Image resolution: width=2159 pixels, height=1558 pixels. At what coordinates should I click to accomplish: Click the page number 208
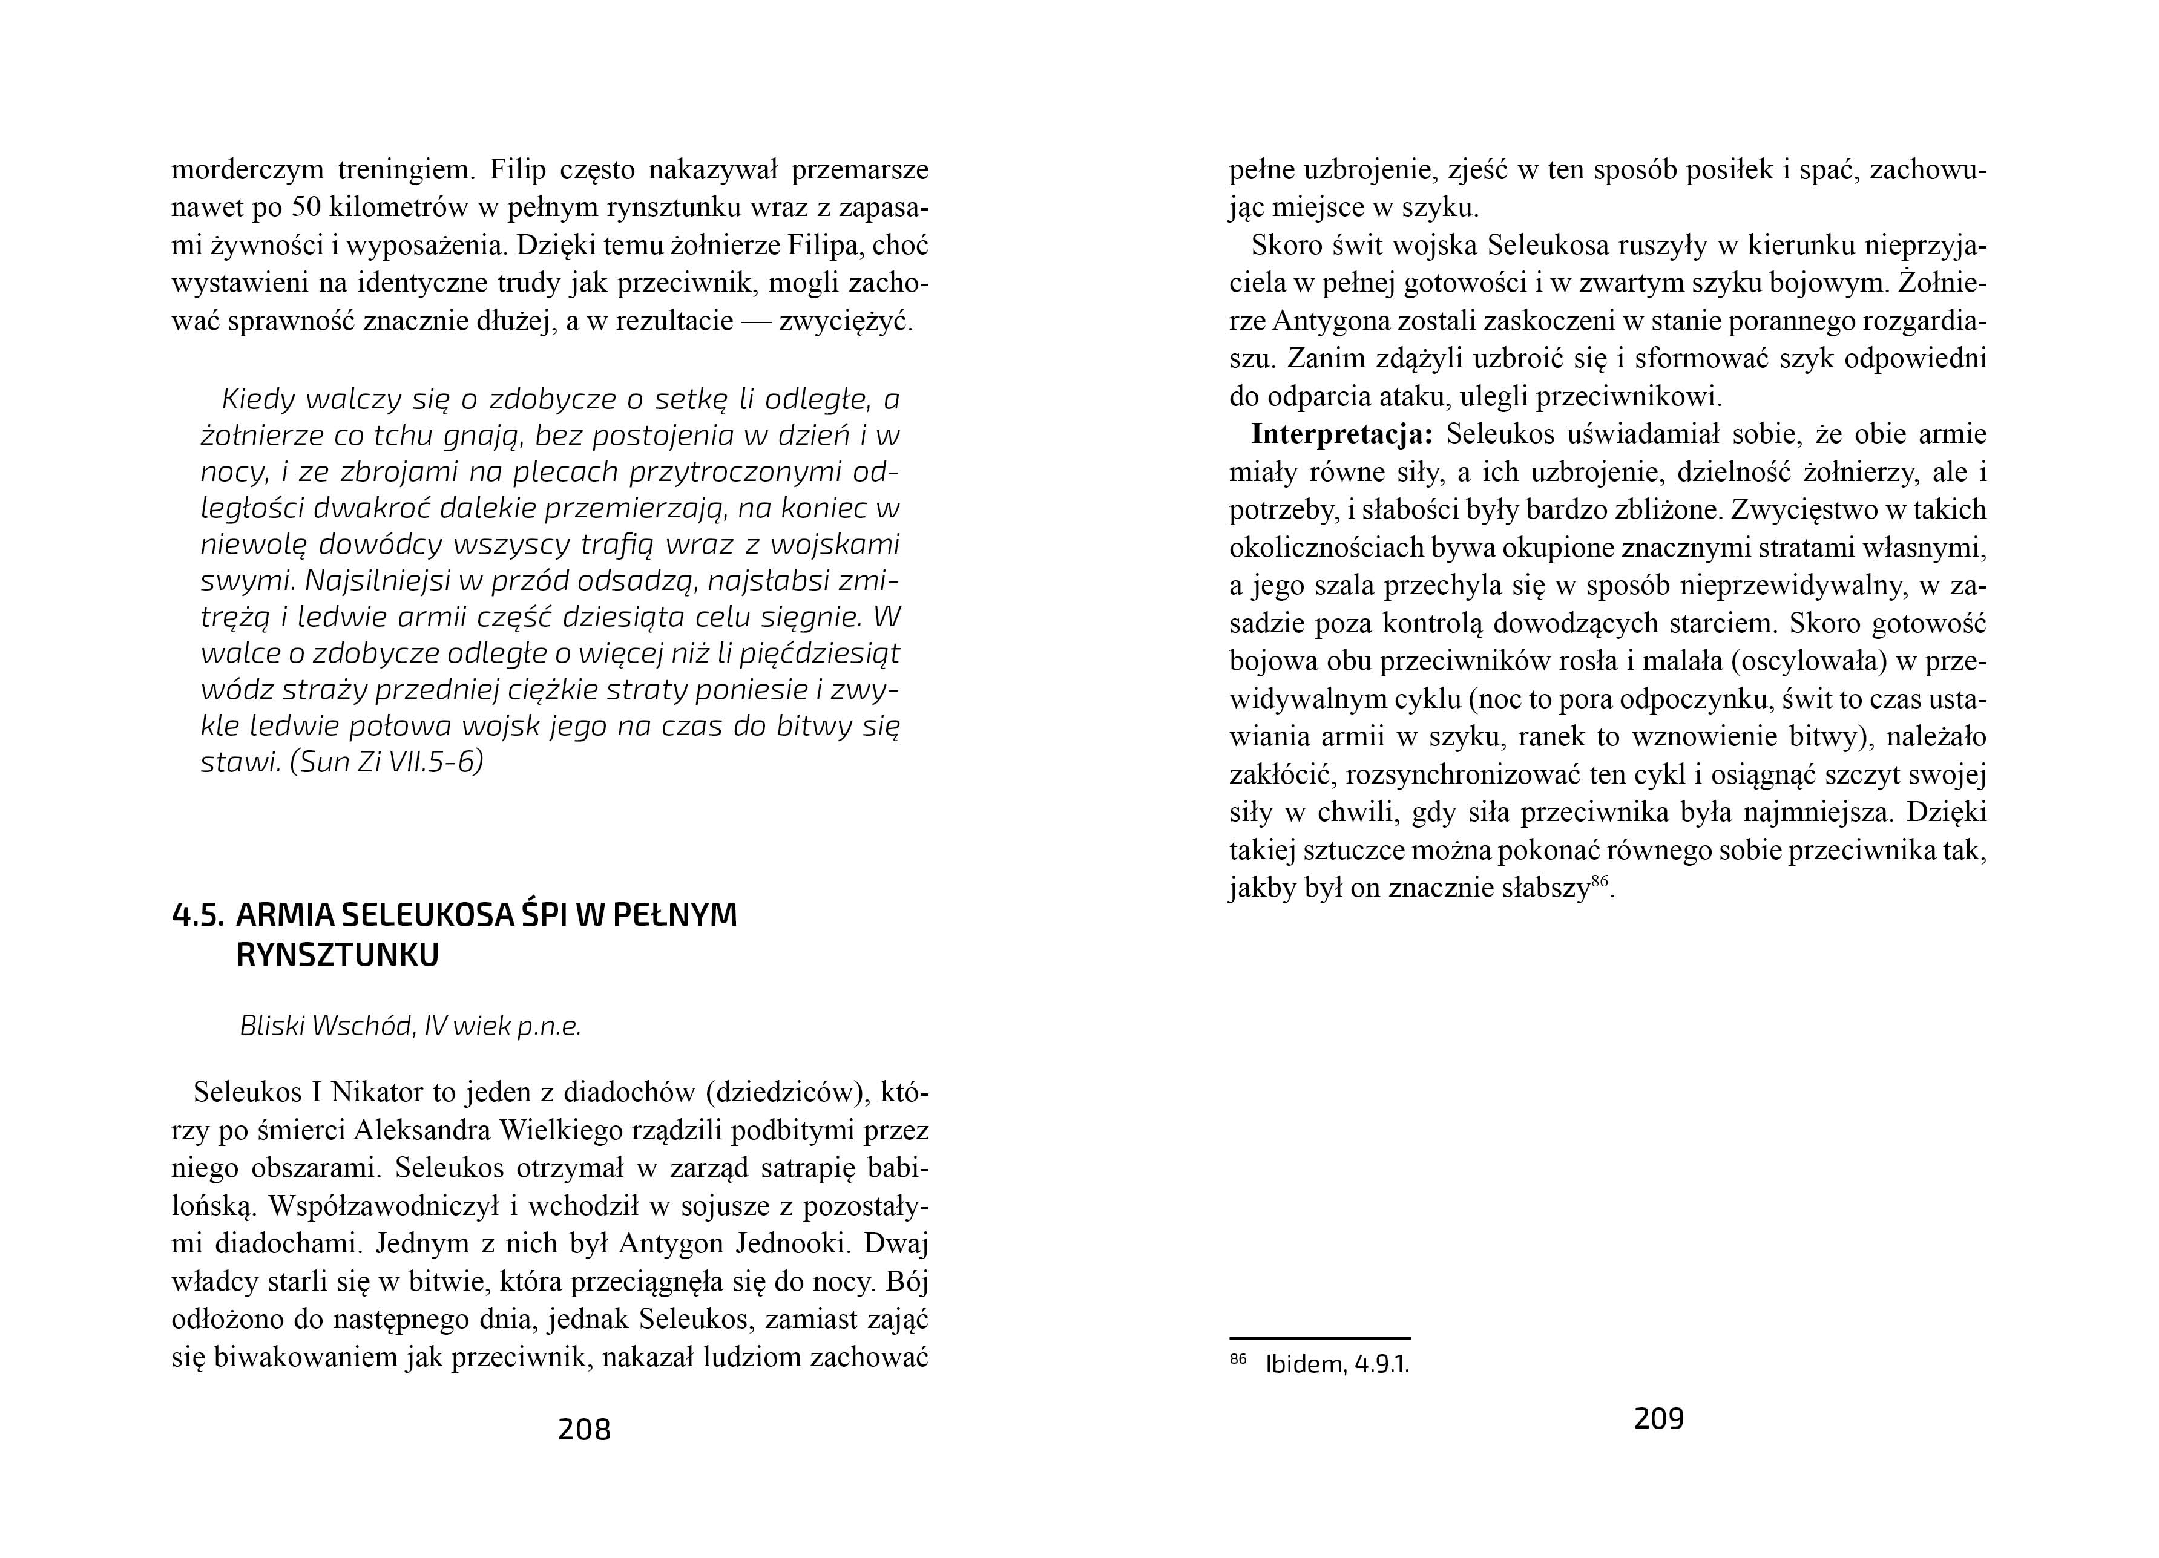coord(583,1430)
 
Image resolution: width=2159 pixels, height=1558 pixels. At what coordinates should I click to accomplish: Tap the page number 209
coord(1658,1419)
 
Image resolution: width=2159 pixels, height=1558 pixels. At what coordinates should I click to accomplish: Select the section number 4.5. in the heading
coord(197,915)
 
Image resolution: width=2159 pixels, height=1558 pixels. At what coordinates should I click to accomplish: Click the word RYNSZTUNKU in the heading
coord(337,955)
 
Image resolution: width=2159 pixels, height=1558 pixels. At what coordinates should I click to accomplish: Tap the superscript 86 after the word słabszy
coord(1599,882)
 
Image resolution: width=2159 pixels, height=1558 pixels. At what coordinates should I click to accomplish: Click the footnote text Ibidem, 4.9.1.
coord(1336,1365)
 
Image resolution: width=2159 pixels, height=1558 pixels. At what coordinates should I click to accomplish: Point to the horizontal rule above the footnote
coord(1319,1338)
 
